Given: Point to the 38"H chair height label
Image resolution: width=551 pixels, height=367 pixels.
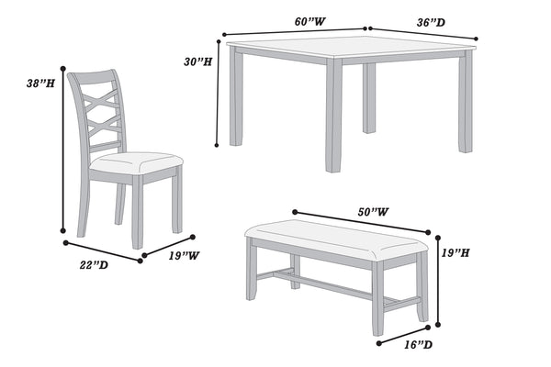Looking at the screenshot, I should click(x=40, y=83).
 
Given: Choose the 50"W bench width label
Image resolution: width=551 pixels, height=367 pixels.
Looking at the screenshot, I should click(x=373, y=212).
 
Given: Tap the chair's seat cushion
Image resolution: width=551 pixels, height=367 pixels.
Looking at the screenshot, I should click(x=136, y=163).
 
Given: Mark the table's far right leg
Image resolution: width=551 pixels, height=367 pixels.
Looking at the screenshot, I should click(x=467, y=101).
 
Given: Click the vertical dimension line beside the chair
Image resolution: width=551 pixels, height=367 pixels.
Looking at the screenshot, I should click(x=62, y=151).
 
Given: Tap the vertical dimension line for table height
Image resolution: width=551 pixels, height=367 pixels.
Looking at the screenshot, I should click(x=219, y=92).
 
